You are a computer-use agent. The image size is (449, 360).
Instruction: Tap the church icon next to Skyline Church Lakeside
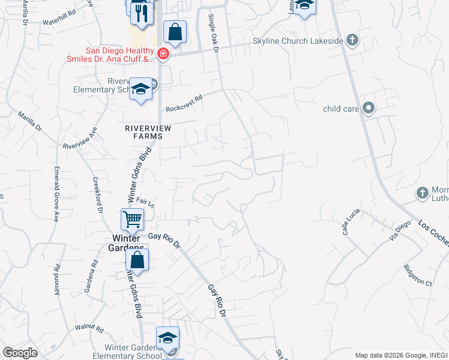(x=352, y=41)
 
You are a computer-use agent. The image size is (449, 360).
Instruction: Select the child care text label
(x=341, y=109)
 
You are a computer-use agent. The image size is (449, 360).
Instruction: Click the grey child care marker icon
(x=369, y=109)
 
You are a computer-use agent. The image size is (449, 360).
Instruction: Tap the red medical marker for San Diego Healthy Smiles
(x=163, y=55)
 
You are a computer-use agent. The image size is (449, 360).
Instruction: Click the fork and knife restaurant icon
(x=141, y=13)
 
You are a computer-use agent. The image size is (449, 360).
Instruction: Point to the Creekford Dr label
(x=97, y=194)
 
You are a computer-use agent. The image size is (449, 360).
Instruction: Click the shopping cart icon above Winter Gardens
(x=132, y=219)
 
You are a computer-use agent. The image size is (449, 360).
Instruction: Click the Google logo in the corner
(x=20, y=353)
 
